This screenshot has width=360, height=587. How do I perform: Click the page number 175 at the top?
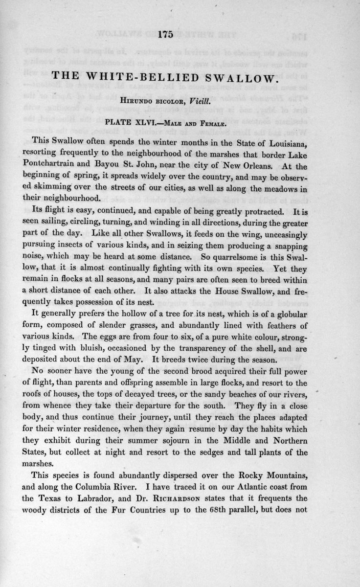[166, 34]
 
